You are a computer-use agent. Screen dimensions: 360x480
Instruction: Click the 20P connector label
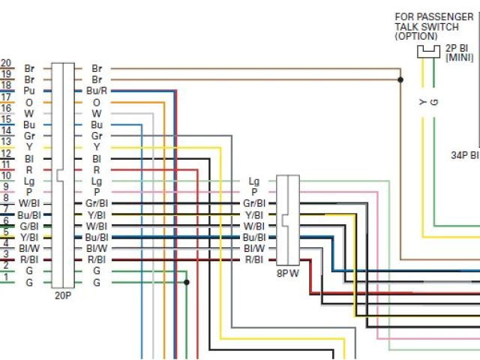pyautogui.click(x=64, y=295)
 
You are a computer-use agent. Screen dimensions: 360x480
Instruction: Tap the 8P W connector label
pyautogui.click(x=288, y=273)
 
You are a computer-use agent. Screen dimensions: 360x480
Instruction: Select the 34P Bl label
pyautogui.click(x=464, y=156)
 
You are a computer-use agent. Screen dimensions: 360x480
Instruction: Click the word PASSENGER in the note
pyautogui.click(x=447, y=16)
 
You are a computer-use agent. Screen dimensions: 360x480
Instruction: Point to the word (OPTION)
pyautogui.click(x=416, y=35)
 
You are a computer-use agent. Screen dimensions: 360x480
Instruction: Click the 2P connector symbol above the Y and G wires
pyautogui.click(x=429, y=50)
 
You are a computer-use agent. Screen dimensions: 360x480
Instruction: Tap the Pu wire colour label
pyautogui.click(x=29, y=91)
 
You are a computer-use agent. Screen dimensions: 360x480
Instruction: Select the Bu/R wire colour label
pyautogui.click(x=97, y=91)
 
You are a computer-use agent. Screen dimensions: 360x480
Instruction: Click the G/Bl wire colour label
pyautogui.click(x=29, y=226)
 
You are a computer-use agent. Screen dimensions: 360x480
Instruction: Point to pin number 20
pyautogui.click(x=6, y=63)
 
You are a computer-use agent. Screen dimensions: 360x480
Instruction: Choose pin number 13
pyautogui.click(x=6, y=142)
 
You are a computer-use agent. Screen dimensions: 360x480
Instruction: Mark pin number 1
pyautogui.click(x=6, y=277)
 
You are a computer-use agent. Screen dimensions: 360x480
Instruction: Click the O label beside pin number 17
pyautogui.click(x=29, y=102)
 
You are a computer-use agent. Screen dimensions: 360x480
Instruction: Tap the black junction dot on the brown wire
pyautogui.click(x=400, y=79)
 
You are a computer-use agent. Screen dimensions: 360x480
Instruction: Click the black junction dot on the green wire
pyautogui.click(x=186, y=283)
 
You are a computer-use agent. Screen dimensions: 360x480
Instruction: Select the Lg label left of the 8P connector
pyautogui.click(x=253, y=181)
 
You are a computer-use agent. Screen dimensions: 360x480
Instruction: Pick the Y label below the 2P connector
pyautogui.click(x=423, y=100)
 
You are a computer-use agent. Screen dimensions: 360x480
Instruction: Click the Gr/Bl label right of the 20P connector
pyautogui.click(x=97, y=203)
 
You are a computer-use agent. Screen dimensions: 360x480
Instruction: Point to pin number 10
pyautogui.click(x=6, y=175)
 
